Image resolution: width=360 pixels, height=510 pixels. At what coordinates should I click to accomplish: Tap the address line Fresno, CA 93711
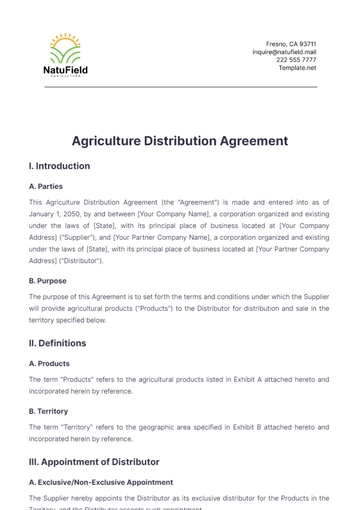pyautogui.click(x=291, y=44)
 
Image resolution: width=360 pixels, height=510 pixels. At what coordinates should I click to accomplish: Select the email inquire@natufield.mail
pyautogui.click(x=283, y=52)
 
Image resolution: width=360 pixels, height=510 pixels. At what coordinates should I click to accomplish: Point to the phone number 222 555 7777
pyautogui.click(x=296, y=60)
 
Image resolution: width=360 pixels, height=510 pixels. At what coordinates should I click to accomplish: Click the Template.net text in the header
pyautogui.click(x=297, y=68)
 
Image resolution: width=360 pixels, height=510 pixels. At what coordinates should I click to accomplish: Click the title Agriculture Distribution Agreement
pyautogui.click(x=180, y=141)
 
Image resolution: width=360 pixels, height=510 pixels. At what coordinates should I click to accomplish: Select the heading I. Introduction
pyautogui.click(x=60, y=166)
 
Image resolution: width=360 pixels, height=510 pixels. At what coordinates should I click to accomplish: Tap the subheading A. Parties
pyautogui.click(x=48, y=186)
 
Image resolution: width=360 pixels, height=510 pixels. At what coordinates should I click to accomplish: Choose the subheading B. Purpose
pyautogui.click(x=50, y=281)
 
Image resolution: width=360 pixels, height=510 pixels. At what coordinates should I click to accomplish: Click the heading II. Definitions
pyautogui.click(x=58, y=343)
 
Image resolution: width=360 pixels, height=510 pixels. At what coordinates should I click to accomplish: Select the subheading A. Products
pyautogui.click(x=50, y=364)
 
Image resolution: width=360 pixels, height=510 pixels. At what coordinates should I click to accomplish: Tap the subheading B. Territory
pyautogui.click(x=51, y=411)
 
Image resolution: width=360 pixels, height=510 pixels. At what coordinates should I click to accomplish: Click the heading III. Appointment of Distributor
pyautogui.click(x=95, y=462)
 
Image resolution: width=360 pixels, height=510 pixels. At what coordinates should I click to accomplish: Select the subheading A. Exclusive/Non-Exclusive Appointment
pyautogui.click(x=101, y=482)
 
